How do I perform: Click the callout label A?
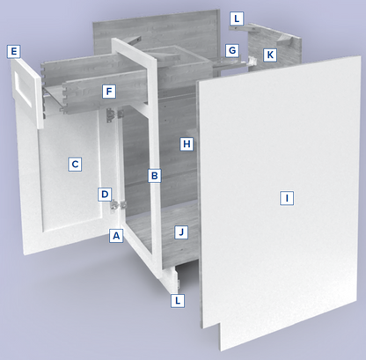[116, 235]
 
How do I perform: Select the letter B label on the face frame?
[155, 175]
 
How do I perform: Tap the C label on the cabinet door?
[75, 164]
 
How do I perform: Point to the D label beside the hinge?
[105, 195]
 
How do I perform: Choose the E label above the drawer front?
[14, 52]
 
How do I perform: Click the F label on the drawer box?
[109, 92]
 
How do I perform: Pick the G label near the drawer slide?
[232, 50]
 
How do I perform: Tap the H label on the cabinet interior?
[187, 143]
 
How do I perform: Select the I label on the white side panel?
[287, 198]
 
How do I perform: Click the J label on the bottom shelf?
[181, 232]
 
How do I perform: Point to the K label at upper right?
[270, 55]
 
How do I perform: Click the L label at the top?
[237, 19]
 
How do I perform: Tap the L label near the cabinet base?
[178, 300]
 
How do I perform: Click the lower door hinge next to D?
[118, 205]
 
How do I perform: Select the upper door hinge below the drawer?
[114, 114]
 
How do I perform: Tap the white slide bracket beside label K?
[252, 61]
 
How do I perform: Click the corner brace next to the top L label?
[245, 27]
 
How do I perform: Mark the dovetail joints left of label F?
[64, 96]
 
